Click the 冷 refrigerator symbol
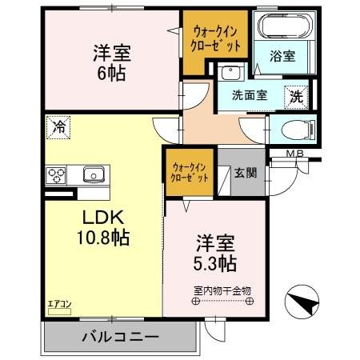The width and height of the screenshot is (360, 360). [x=58, y=126]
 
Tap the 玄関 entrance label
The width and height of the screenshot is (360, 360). [x=244, y=171]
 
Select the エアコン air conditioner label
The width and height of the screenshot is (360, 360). [x=60, y=303]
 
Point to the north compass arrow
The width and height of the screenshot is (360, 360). [x=302, y=301]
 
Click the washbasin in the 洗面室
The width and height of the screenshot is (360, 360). [x=230, y=73]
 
